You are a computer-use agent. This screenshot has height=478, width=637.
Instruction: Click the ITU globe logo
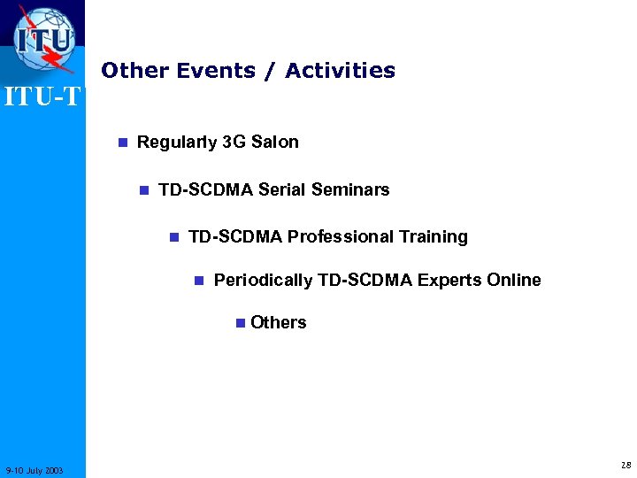tap(44, 40)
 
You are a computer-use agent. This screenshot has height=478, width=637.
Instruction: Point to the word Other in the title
tap(135, 70)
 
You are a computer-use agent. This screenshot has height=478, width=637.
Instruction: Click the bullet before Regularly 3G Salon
tap(123, 143)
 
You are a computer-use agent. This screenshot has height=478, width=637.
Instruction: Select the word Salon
tap(275, 142)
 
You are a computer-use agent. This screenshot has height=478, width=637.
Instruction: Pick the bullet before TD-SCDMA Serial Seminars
tap(144, 190)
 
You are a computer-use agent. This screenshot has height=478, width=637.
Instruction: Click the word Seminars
tap(351, 189)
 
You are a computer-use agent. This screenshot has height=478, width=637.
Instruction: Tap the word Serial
tap(284, 189)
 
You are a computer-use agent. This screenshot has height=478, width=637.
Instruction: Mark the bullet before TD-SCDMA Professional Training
tap(174, 237)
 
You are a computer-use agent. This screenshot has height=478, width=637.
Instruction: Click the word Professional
tap(341, 236)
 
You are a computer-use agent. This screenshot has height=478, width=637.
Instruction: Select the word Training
tap(434, 236)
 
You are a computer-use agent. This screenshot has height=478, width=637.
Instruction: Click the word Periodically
tap(263, 281)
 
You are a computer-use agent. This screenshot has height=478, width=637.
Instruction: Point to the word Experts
tap(449, 280)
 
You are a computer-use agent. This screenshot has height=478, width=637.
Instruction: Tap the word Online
tap(514, 280)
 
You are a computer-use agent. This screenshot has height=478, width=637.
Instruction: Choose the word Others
tap(278, 322)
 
